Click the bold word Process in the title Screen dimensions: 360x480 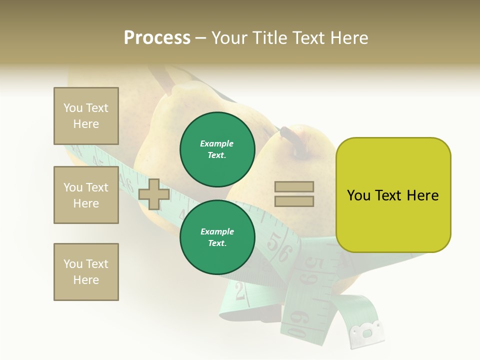157,38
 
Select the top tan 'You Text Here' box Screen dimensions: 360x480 86,116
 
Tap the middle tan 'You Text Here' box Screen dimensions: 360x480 86,195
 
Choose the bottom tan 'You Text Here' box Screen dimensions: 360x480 86,272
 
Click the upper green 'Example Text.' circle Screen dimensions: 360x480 217,149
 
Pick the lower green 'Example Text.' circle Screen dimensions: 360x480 217,237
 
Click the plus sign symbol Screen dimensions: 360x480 154,193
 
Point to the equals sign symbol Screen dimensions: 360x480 294,194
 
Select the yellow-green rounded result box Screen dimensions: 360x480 393,195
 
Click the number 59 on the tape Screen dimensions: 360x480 315,270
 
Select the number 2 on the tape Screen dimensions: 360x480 240,290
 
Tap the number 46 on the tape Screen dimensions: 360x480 127,181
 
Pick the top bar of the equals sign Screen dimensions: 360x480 294,187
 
